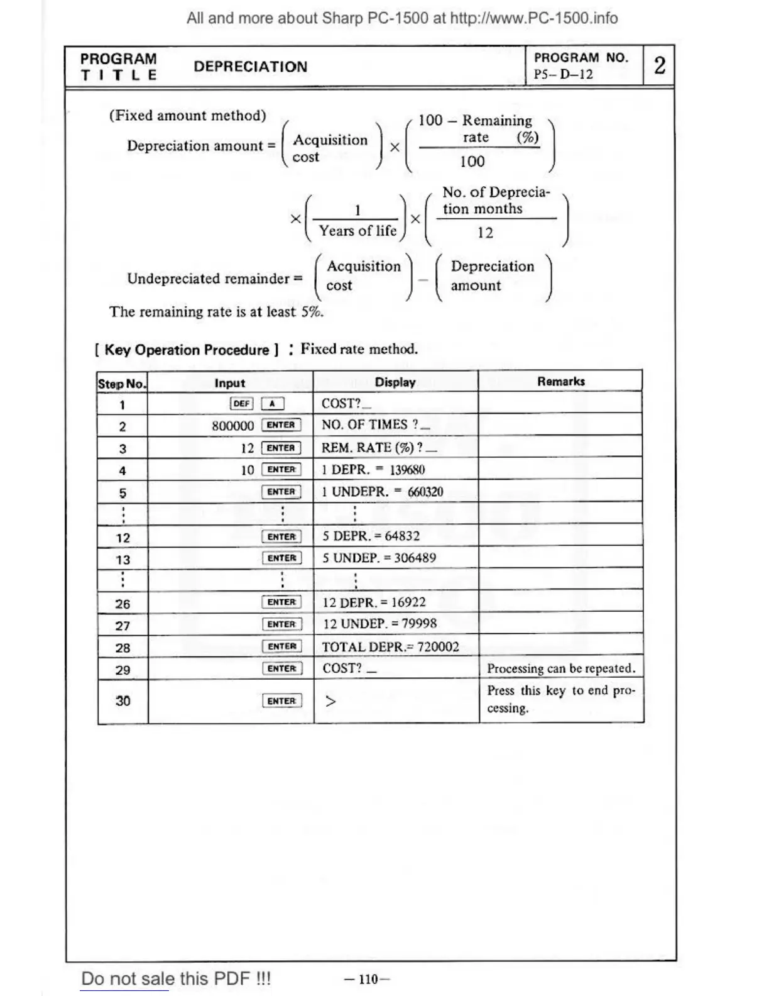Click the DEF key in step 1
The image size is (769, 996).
(242, 404)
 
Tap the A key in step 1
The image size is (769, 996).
(272, 404)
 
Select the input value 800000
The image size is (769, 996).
(232, 426)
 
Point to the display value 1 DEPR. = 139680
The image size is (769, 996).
(373, 470)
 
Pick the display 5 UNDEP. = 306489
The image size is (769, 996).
(379, 558)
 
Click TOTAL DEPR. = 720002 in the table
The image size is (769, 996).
(390, 646)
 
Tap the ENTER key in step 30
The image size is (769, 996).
(281, 700)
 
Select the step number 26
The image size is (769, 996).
(123, 604)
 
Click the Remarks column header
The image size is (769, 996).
(560, 381)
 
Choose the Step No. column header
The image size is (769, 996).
(122, 383)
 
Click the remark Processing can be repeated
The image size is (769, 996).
(561, 668)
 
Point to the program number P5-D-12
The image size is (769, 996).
(563, 74)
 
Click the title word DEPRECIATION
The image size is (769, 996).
(250, 67)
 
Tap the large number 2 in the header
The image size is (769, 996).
(659, 65)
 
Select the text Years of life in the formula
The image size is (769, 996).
(357, 231)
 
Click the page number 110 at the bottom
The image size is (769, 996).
(368, 979)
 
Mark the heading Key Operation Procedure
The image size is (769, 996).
(187, 350)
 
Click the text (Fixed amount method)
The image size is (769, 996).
(187, 115)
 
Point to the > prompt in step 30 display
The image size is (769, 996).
(330, 700)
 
